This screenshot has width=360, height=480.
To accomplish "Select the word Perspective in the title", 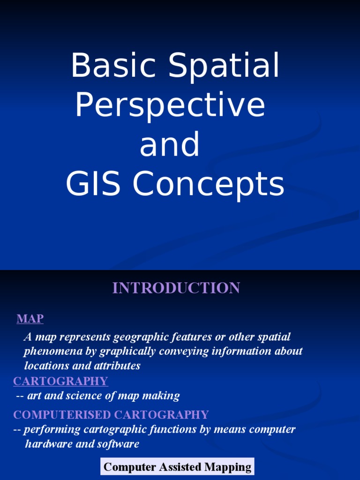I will (170, 106).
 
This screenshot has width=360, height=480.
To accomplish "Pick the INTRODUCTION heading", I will (176, 288).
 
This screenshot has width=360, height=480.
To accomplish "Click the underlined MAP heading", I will (30, 319).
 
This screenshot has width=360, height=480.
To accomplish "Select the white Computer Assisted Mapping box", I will (177, 467).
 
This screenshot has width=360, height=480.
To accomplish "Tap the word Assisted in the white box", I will (176, 467).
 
